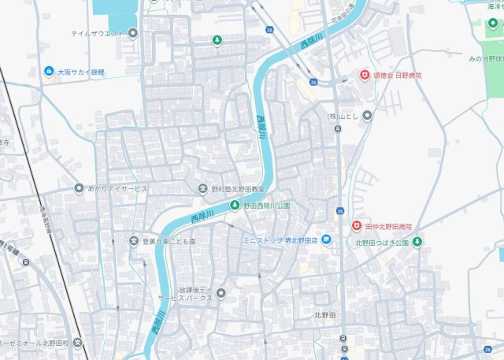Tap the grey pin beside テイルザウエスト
coord(133,33)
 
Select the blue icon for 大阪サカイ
coord(50,72)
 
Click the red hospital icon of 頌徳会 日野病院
coord(365,75)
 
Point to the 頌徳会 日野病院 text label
coord(398,75)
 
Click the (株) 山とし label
coord(343,116)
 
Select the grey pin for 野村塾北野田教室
coord(202,189)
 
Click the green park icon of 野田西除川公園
coord(234,206)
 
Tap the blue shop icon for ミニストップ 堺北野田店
coord(326,240)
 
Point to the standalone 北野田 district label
coord(325,314)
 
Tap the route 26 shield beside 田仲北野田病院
coord(339,210)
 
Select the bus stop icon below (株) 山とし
coord(338,128)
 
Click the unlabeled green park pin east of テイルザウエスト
coord(217,40)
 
